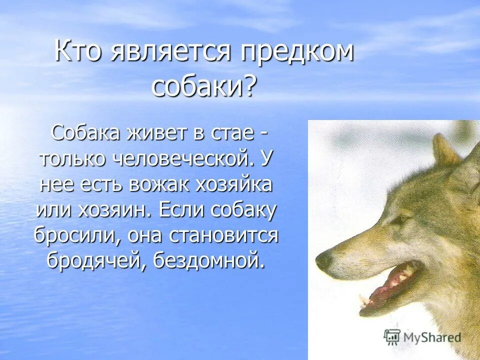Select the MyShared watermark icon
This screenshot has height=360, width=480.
(392, 336)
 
